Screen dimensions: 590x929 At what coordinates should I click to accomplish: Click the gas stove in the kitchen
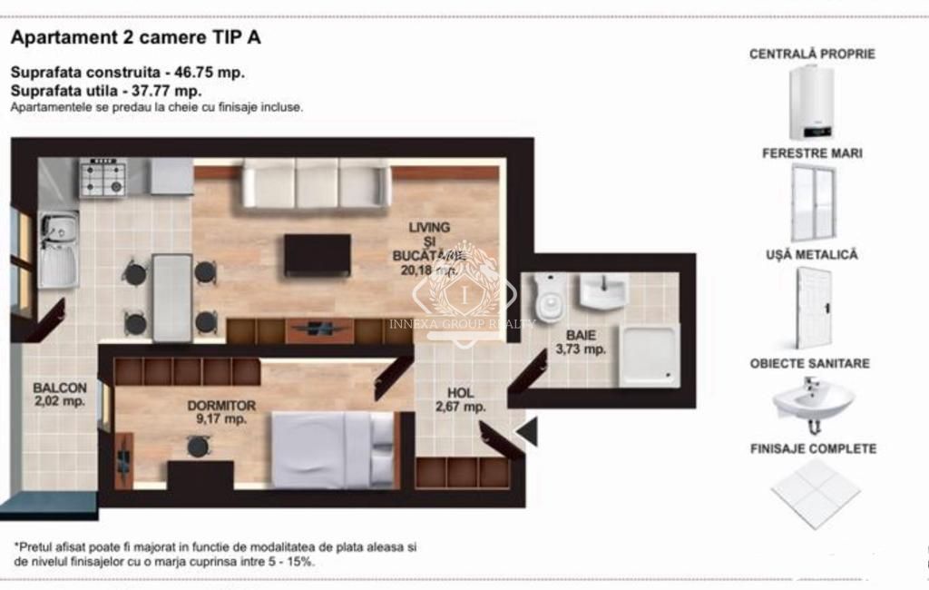click(103, 178)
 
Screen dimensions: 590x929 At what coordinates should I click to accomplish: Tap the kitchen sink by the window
click(58, 249)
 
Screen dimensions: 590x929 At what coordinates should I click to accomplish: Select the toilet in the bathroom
click(550, 298)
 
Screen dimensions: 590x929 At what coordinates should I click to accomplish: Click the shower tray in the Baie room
click(649, 355)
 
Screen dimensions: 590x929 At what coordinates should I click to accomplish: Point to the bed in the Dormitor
click(333, 449)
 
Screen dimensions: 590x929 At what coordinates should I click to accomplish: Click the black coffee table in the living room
click(317, 255)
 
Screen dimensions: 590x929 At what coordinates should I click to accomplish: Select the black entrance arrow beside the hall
click(527, 431)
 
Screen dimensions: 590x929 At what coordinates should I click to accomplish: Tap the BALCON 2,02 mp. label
click(60, 393)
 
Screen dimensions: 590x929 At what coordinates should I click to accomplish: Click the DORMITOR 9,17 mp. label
click(221, 412)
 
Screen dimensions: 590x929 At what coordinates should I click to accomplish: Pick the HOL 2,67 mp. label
click(460, 400)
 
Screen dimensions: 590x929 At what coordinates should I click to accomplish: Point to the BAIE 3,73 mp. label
click(581, 341)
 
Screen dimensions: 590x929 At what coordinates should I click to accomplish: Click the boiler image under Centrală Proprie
click(811, 102)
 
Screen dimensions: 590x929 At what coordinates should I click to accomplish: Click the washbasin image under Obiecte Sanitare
click(813, 402)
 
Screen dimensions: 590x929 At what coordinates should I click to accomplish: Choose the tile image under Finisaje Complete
click(815, 493)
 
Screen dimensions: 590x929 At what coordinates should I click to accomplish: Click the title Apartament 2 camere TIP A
click(136, 38)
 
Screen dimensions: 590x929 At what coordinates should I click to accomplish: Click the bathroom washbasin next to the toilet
click(602, 291)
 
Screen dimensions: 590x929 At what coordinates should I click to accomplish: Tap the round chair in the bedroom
click(198, 446)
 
